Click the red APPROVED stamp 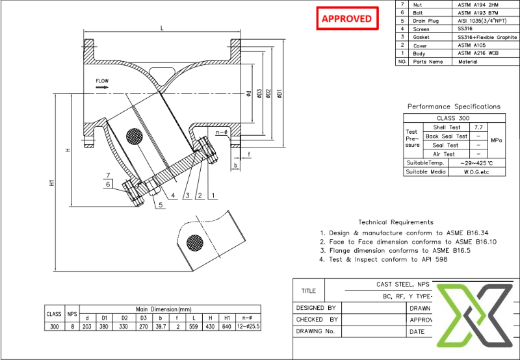[x=347, y=18]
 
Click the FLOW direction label [x=102, y=81]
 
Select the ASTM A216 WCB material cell [x=478, y=53]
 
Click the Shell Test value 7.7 [x=478, y=127]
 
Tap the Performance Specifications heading [x=454, y=106]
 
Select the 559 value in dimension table [x=192, y=327]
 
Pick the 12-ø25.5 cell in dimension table [x=247, y=327]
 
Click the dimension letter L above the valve [x=161, y=28]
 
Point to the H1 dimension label [x=52, y=184]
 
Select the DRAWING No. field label [x=315, y=331]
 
